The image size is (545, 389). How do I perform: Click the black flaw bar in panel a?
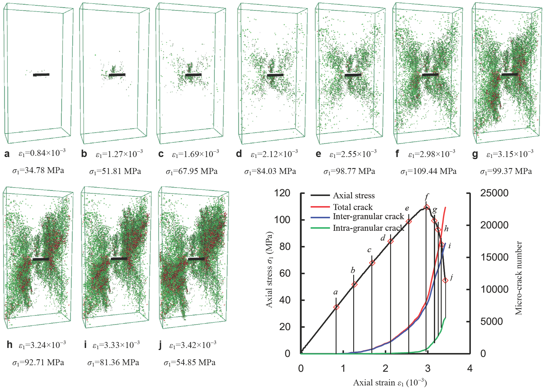pos(41,75)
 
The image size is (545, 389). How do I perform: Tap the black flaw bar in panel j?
pos(196,259)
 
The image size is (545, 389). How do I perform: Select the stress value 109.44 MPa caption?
pos(428,171)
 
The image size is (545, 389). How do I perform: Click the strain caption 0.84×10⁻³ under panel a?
pos(42,153)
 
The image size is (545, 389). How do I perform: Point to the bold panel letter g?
pos(475,154)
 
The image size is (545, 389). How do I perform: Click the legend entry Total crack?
pos(353,207)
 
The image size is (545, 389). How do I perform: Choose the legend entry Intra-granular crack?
pos(368,228)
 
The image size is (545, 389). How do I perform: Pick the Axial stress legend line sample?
pos(320,196)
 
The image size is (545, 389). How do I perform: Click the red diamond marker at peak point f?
pos(427,207)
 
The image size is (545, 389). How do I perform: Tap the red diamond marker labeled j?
pos(446,280)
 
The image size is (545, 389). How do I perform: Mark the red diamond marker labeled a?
pos(336,307)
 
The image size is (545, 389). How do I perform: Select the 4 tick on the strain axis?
pos(470,368)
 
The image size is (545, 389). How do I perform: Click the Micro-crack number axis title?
pos(518,278)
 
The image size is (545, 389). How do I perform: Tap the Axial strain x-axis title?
pos(390,383)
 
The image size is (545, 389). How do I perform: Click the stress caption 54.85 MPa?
pos(189,363)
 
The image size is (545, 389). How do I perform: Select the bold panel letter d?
pos(239,154)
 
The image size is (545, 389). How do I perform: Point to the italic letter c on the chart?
pos(369,250)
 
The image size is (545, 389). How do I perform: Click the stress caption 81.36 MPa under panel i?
pos(113,363)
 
